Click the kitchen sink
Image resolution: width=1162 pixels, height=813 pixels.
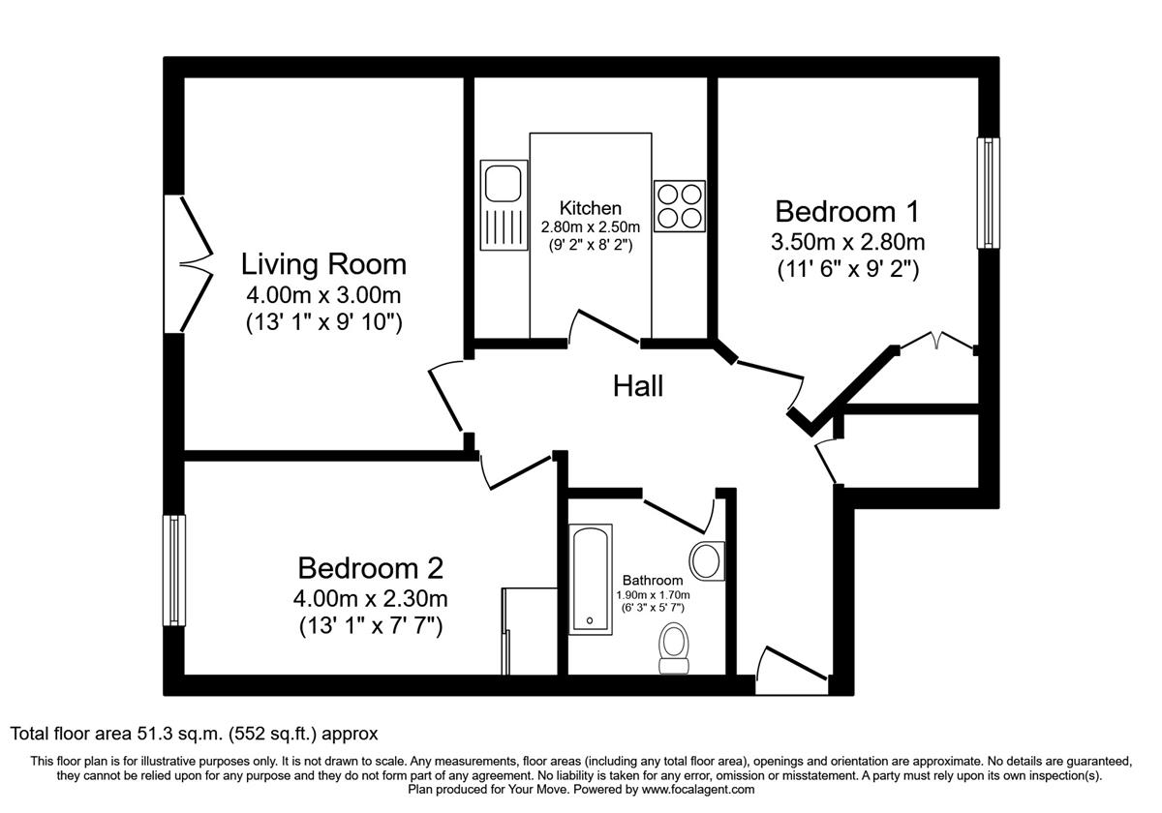coord(503,205)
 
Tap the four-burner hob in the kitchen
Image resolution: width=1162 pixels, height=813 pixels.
coord(679,205)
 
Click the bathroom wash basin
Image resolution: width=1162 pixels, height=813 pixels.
coord(707,561)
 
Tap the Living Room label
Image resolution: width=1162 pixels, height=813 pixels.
coord(323,263)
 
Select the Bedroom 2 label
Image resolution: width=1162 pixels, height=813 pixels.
coord(370,567)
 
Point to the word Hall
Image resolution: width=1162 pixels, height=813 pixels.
coord(638,386)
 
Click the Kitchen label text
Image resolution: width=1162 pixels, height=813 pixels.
coord(590,208)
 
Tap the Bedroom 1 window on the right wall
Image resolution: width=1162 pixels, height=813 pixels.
coord(988,194)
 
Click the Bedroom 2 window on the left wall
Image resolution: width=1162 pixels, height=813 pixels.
coord(174,570)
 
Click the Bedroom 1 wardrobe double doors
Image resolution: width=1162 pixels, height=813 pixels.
coord(936,341)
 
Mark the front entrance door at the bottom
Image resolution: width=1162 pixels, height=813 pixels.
coord(791,671)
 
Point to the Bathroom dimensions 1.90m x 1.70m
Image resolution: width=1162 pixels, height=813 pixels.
coord(652,595)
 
